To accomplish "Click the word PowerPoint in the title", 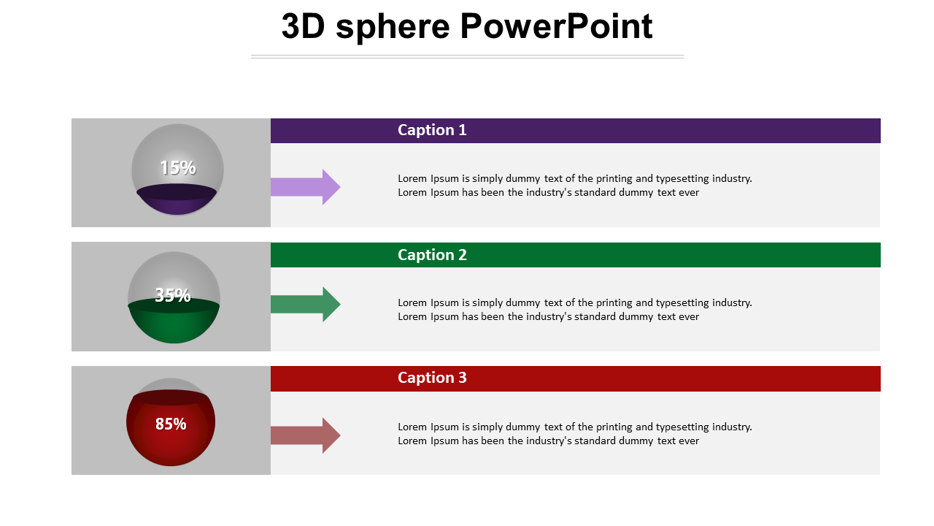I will pyautogui.click(x=556, y=27).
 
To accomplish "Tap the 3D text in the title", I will pyautogui.click(x=304, y=27).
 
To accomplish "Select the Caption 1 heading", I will pyautogui.click(x=432, y=130).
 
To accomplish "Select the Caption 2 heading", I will pyautogui.click(x=432, y=255).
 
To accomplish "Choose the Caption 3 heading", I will pyautogui.click(x=432, y=378).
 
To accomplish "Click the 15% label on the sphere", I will pyautogui.click(x=178, y=168).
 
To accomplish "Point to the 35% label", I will pyautogui.click(x=173, y=295).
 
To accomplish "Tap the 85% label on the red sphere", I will pyautogui.click(x=171, y=424).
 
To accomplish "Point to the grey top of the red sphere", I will pyautogui.click(x=171, y=384).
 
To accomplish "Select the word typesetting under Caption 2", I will pyautogui.click(x=682, y=302).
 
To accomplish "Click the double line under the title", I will pyautogui.click(x=467, y=56).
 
